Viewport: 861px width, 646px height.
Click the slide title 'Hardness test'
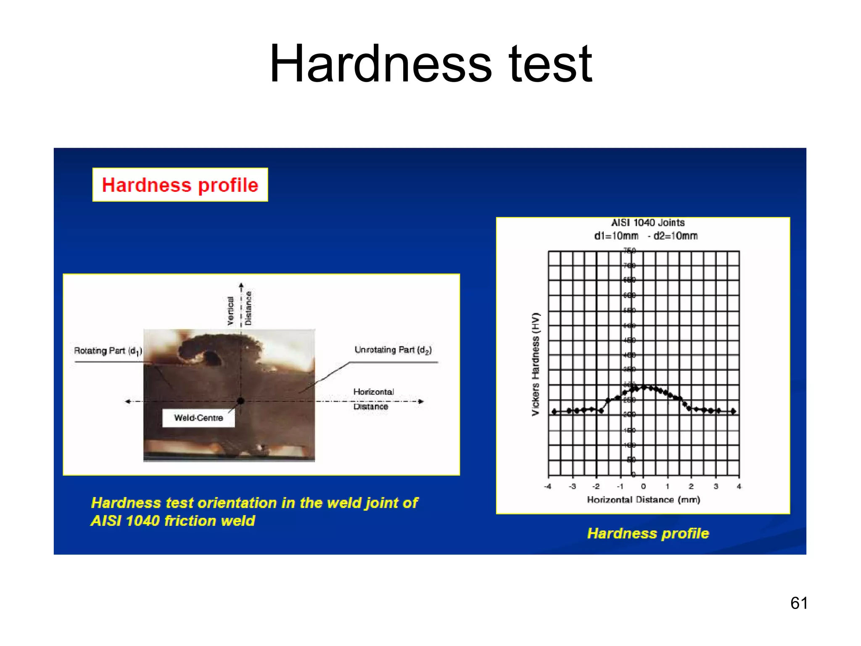click(430, 64)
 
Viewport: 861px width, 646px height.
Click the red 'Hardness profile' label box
click(180, 185)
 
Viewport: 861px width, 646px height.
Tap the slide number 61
click(799, 603)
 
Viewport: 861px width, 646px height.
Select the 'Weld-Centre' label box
click(198, 418)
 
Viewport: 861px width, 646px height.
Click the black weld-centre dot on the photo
click(240, 401)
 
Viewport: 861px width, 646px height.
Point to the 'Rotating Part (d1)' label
click(108, 351)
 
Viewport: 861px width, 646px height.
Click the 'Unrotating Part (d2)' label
click(393, 350)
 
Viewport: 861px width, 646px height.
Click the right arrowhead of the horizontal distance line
click(421, 401)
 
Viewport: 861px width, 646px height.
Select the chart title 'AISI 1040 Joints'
click(647, 222)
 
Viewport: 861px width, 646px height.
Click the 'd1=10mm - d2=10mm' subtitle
click(646, 236)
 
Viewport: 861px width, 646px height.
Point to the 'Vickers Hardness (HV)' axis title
click(535, 364)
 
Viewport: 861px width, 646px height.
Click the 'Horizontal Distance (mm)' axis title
click(643, 500)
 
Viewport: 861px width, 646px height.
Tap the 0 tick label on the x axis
click(643, 487)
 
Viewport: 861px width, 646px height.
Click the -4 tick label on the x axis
click(547, 487)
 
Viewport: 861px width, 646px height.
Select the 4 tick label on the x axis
click(739, 487)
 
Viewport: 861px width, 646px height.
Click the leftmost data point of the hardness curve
click(555, 411)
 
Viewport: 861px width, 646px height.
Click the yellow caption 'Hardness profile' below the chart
click(648, 533)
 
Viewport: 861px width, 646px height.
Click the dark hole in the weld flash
click(212, 358)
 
